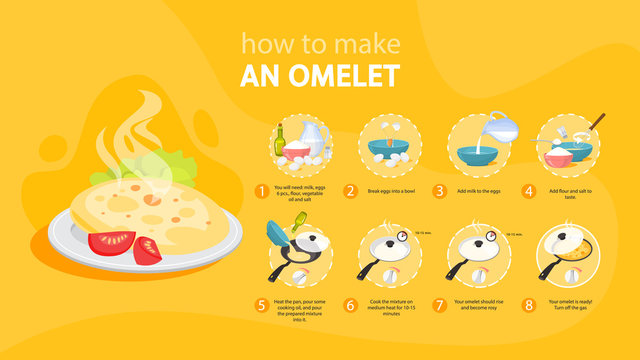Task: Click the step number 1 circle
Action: tap(262, 190)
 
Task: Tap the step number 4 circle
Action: tap(529, 190)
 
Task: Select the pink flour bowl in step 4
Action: tap(557, 155)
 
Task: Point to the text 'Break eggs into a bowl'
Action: tap(393, 190)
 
